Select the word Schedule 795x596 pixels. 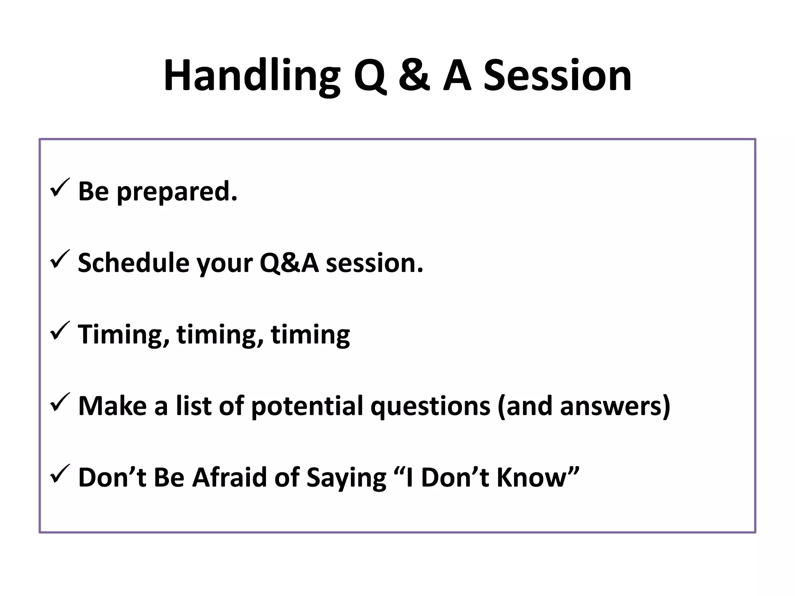pos(134,263)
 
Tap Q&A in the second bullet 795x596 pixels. pos(289,263)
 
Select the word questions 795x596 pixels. pos(430,406)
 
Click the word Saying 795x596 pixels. pos(346,478)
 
